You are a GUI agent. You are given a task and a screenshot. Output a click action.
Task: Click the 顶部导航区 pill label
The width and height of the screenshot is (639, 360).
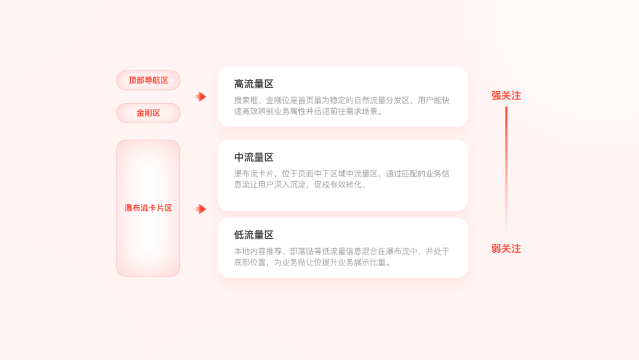[x=148, y=81]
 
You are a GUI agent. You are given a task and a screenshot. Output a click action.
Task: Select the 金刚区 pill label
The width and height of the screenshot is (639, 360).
[x=148, y=113]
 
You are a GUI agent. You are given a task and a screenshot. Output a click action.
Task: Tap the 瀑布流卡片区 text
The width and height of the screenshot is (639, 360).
[x=148, y=208]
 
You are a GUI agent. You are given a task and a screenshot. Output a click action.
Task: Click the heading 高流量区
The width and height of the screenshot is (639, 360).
[x=254, y=84]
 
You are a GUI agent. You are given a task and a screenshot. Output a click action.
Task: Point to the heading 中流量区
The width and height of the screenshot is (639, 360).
[x=254, y=157]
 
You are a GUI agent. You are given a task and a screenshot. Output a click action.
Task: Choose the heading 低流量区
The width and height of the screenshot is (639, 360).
[x=254, y=235]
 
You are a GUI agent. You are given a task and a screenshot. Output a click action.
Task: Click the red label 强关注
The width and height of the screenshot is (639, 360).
[x=506, y=96]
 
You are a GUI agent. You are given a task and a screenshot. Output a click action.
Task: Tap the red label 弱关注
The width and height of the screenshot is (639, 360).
[x=506, y=249]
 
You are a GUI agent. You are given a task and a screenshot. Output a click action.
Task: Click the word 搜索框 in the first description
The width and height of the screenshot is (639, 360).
[x=246, y=100]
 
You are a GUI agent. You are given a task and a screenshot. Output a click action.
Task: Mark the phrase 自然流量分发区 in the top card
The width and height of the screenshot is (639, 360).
[x=382, y=100]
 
